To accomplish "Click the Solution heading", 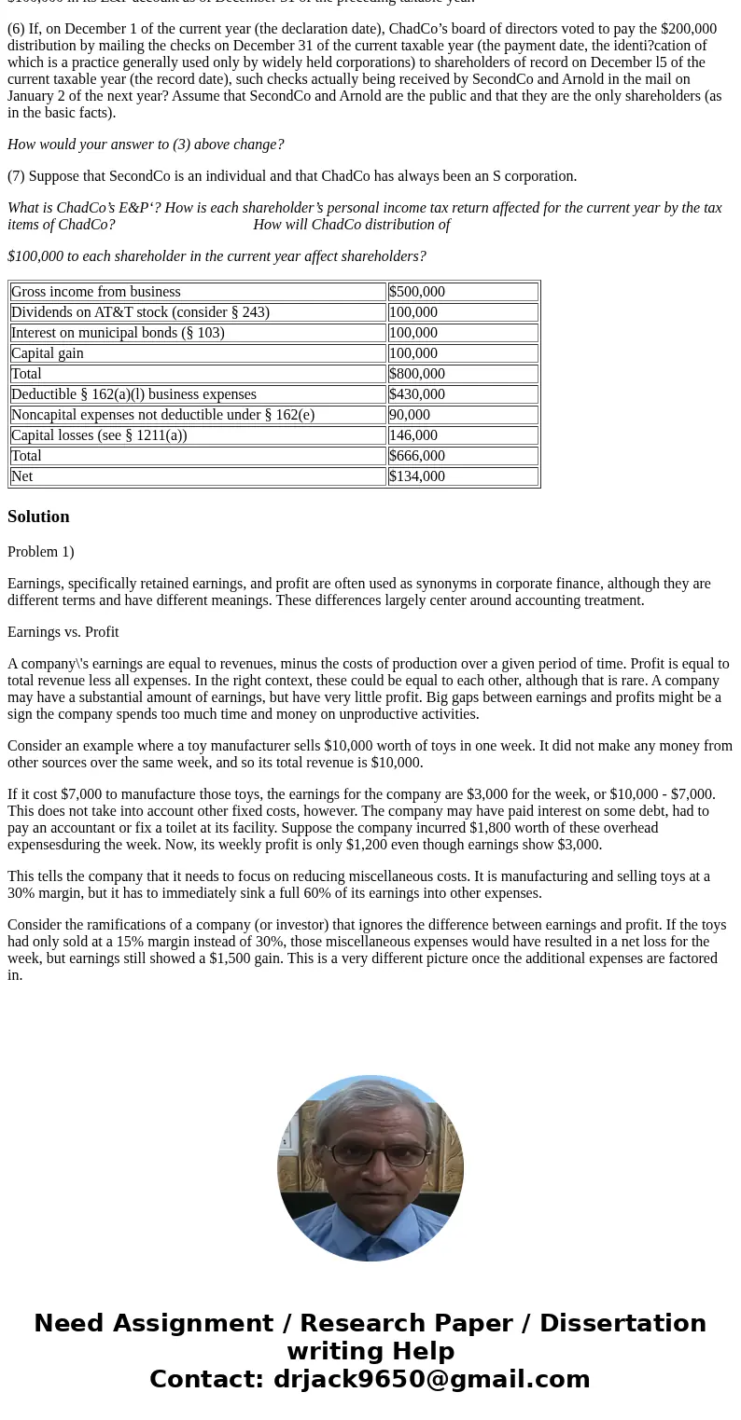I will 38,517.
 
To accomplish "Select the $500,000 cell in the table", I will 417,292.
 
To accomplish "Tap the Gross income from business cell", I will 96,292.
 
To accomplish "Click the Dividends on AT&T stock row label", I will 140,312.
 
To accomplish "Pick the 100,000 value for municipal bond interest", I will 412,333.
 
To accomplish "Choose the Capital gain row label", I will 48,353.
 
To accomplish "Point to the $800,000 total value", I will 417,374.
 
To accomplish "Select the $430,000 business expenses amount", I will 417,394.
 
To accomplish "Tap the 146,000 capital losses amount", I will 412,435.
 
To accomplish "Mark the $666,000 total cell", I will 417,456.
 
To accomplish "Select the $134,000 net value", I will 417,476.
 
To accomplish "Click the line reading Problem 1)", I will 41,552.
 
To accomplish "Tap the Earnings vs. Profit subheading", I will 63,632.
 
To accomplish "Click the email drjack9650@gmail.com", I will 431,1379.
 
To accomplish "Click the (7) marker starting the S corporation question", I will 16,176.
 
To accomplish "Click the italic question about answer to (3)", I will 146,145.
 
